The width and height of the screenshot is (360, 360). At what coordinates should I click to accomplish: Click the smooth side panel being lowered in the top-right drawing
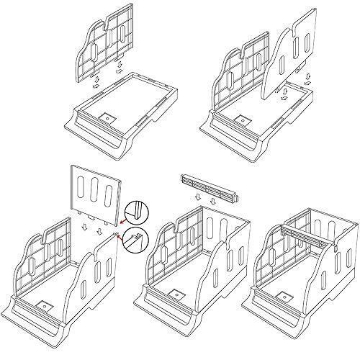point(296,55)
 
